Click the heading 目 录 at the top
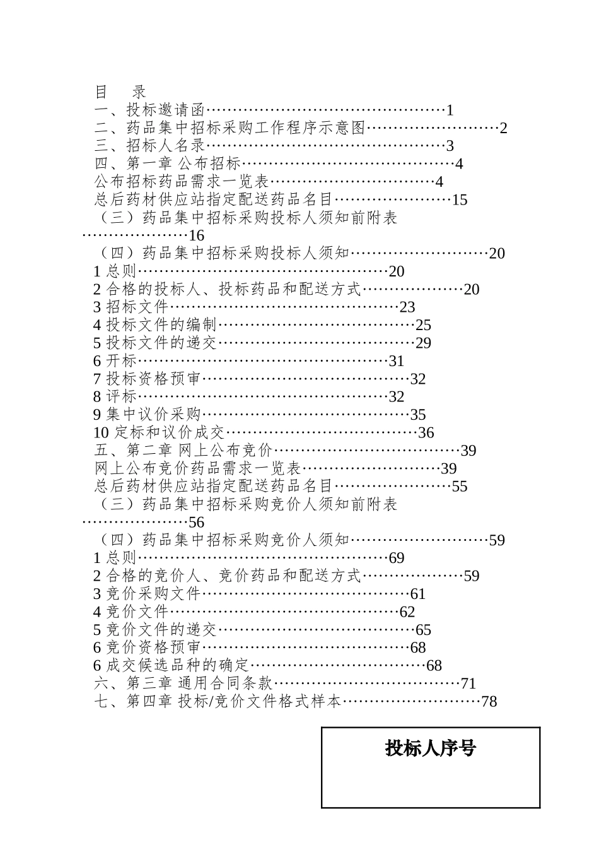coord(120,92)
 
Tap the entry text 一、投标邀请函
coord(151,110)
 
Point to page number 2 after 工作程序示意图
coord(504,128)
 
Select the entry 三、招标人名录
coord(151,146)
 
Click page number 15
coord(460,200)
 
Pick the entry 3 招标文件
coord(131,307)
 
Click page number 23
coord(407,307)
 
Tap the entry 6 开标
coord(115,361)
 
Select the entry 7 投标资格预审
coord(147,379)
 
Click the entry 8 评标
coord(115,397)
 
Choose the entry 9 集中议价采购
coord(147,415)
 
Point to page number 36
coord(426,433)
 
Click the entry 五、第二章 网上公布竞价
coord(183,451)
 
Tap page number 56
coord(197,523)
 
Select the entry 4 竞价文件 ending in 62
coord(131,612)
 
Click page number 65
coord(423,630)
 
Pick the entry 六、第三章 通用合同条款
coord(183,684)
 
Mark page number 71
coord(468,684)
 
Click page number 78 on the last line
coord(489,701)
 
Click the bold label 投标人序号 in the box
coord(431,749)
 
